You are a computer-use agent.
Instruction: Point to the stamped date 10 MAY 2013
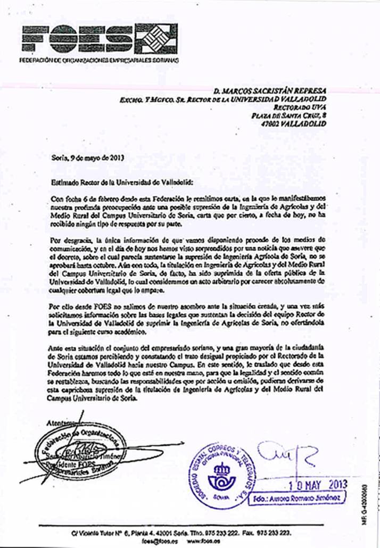coord(317,484)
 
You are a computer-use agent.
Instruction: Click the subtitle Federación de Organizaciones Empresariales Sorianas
coord(98,60)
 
